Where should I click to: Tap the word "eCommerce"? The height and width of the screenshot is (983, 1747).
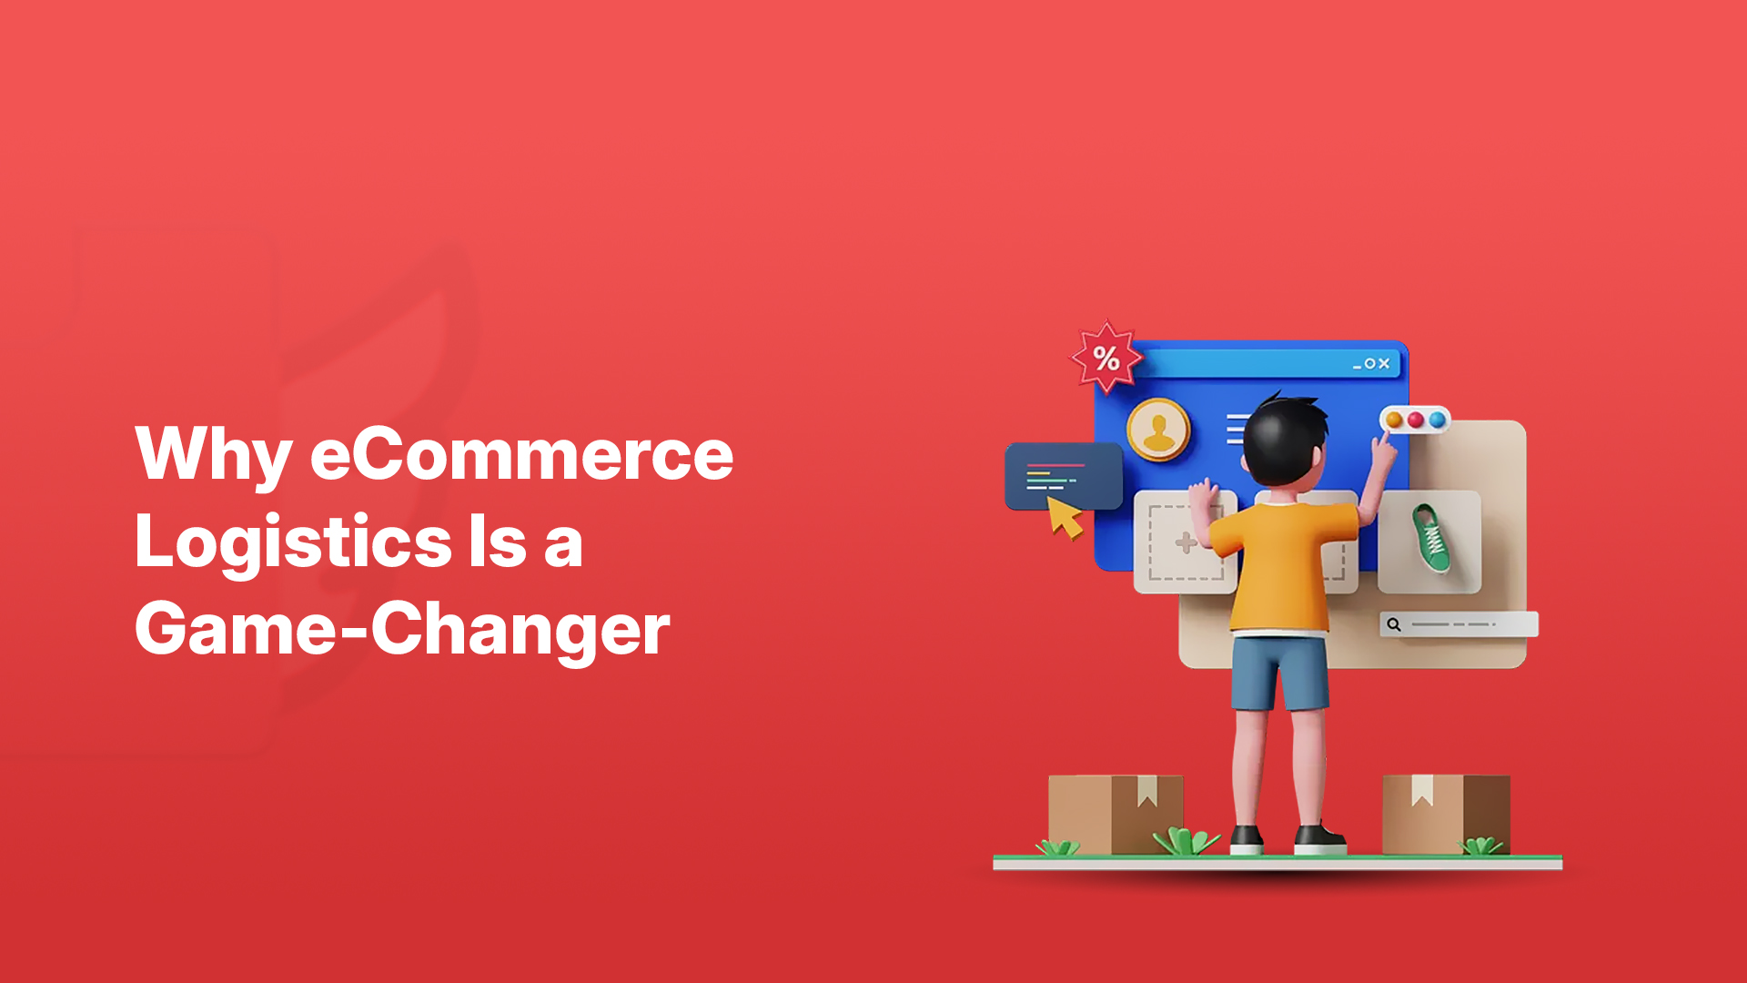point(522,453)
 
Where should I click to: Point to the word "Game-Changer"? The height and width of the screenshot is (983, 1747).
point(402,630)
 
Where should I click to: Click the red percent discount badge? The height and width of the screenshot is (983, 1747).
point(1106,357)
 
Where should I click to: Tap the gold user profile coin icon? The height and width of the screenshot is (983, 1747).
point(1158,429)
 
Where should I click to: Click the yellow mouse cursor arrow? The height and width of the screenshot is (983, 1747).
point(1064,518)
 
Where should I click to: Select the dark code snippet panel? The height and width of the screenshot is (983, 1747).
point(1063,475)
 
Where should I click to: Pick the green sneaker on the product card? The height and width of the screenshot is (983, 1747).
point(1430,539)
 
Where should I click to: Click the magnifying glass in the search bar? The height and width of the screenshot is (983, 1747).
point(1393,624)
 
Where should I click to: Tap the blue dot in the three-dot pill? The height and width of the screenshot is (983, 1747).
point(1438,420)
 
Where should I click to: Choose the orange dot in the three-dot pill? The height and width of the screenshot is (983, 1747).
point(1394,420)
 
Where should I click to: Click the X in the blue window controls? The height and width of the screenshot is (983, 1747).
point(1384,363)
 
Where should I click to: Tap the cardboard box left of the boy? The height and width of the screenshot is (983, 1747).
point(1116,814)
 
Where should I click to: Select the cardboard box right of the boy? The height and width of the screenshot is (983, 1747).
point(1446,814)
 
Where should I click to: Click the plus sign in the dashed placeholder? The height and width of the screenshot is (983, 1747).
point(1186,543)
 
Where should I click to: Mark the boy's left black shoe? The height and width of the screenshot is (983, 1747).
point(1247,839)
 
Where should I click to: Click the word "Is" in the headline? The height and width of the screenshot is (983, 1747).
point(498,542)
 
